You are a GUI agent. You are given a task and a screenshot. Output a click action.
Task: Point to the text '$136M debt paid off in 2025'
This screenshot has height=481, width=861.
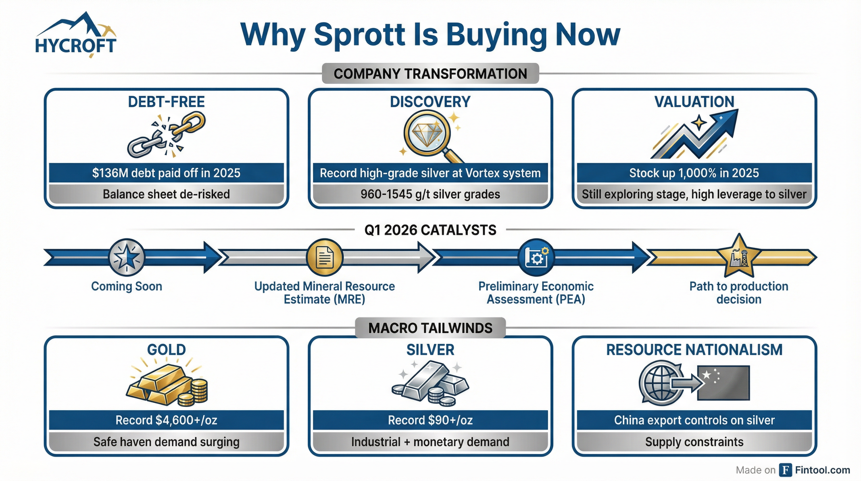tap(166, 173)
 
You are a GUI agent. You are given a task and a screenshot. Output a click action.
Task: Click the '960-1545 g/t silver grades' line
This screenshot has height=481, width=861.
tap(430, 194)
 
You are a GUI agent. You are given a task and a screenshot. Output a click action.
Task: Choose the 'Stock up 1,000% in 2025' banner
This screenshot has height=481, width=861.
tap(694, 173)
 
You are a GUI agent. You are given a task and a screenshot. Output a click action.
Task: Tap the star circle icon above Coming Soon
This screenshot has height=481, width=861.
tap(127, 257)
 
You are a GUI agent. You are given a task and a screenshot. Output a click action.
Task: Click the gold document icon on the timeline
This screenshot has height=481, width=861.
tap(324, 257)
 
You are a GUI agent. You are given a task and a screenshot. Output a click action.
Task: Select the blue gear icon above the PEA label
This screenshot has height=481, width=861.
tap(536, 257)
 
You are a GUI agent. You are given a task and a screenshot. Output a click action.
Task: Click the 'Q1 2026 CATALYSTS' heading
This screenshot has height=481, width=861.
tap(430, 230)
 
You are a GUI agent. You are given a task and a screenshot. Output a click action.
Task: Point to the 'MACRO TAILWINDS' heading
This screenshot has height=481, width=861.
tap(430, 328)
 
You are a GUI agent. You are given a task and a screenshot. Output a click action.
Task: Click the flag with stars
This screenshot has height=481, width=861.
tap(723, 383)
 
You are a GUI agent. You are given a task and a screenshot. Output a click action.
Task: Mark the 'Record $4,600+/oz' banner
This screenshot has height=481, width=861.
tap(166, 420)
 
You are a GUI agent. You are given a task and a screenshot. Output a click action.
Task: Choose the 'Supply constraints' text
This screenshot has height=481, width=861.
tap(694, 442)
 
